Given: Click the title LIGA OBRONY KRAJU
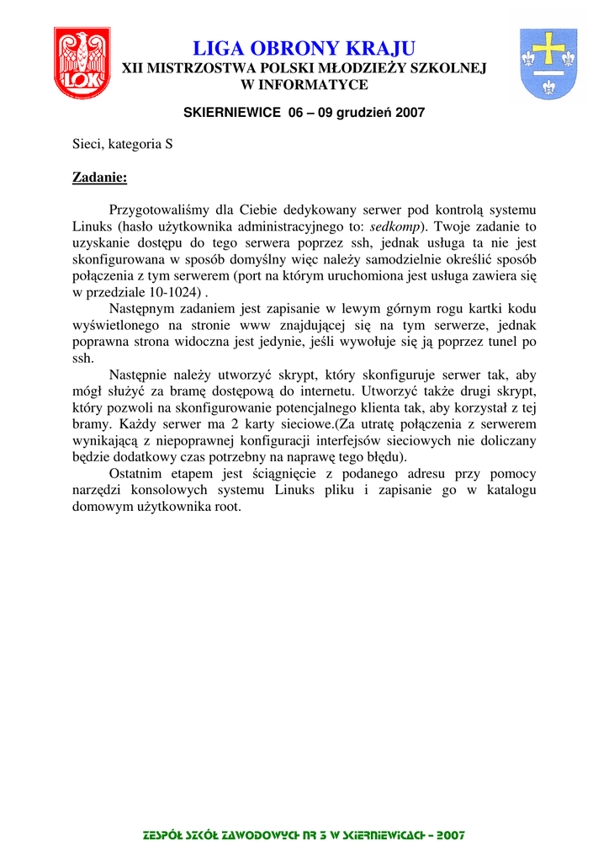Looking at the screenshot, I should point(304,48).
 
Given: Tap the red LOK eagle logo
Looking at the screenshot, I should point(82,63).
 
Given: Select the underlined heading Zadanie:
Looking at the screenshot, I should point(99,177).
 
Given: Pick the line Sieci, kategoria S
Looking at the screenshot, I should point(123,144).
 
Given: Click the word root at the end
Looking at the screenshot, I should point(226,507).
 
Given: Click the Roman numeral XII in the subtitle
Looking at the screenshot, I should point(134,68).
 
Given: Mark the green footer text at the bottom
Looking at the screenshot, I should point(304,835).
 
